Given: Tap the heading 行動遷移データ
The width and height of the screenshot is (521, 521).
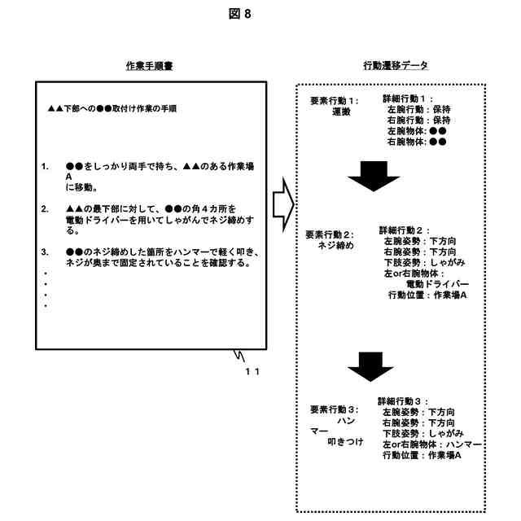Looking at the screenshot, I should pyautogui.click(x=396, y=65).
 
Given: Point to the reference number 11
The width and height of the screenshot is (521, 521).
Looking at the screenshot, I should pyautogui.click(x=252, y=371).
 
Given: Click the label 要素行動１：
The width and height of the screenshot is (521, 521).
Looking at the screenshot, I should pyautogui.click(x=334, y=101).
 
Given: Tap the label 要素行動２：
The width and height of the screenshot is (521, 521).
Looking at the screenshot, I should pyautogui.click(x=330, y=234).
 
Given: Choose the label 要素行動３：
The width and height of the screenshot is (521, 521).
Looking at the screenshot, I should pyautogui.click(x=335, y=409).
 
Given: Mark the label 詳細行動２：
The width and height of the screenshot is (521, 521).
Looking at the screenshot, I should pyautogui.click(x=404, y=230).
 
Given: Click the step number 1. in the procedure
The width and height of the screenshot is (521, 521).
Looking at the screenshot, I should pyautogui.click(x=46, y=166).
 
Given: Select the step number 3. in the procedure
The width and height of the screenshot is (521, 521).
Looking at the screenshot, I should pyautogui.click(x=46, y=252).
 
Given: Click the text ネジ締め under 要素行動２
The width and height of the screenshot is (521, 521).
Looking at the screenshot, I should pyautogui.click(x=335, y=246).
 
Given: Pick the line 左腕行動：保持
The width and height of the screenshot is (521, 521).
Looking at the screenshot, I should pyautogui.click(x=419, y=109).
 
